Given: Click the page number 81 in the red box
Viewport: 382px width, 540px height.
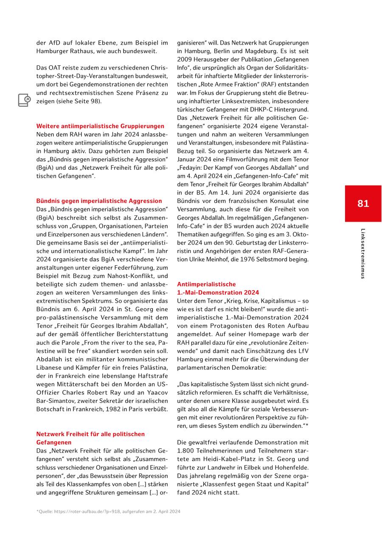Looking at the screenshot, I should point(363,204).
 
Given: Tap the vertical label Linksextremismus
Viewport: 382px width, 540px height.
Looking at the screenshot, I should point(362,253).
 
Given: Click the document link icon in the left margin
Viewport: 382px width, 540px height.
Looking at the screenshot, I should point(24,100).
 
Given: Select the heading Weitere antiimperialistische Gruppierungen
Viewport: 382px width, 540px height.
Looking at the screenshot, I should point(100,126).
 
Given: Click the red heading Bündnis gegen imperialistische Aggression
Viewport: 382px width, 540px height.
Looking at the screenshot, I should point(99,201).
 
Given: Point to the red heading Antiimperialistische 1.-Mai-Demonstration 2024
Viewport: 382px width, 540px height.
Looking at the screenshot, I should point(218,288).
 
